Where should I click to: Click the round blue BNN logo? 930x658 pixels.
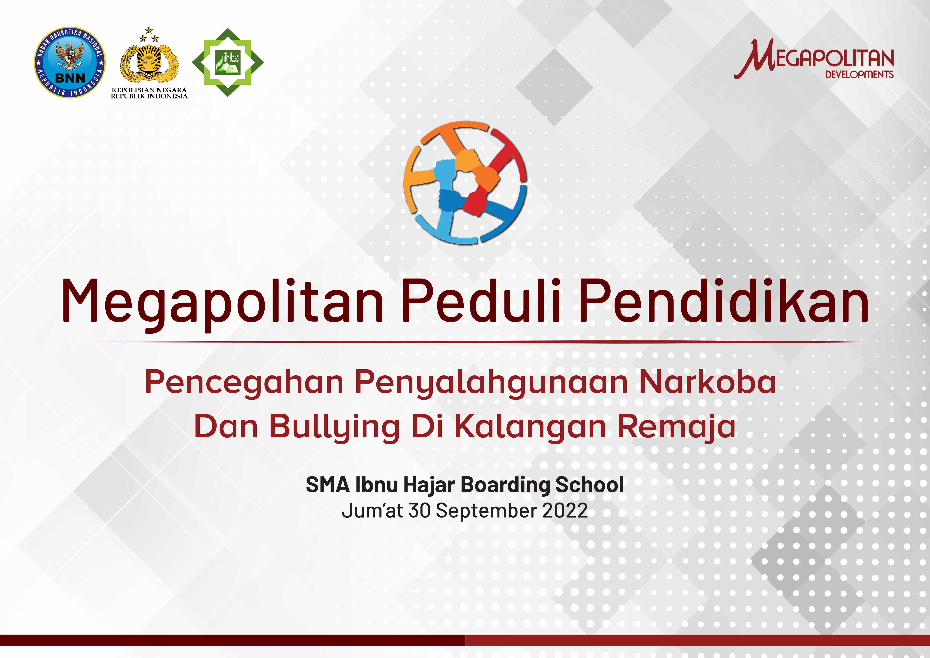[x=70, y=63]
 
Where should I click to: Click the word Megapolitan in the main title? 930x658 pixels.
[x=222, y=302]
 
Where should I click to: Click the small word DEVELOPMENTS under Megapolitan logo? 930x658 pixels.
[x=859, y=74]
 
